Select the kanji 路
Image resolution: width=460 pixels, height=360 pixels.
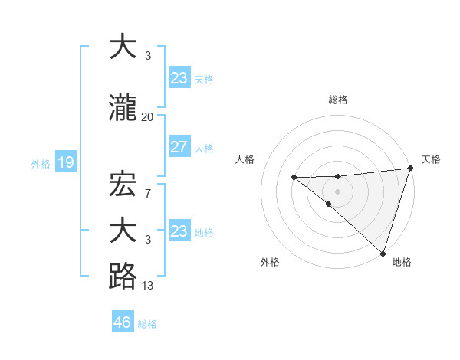point(123,276)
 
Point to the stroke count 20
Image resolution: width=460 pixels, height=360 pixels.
point(147,117)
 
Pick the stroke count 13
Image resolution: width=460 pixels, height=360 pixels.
point(147,286)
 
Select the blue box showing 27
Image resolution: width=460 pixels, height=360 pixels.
point(179,148)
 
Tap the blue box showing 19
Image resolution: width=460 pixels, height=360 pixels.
point(65,162)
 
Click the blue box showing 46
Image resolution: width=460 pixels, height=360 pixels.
point(123,322)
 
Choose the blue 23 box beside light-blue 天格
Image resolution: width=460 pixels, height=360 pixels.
point(179,78)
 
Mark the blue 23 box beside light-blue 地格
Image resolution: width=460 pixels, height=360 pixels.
point(179,231)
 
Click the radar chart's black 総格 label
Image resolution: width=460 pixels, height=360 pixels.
point(338,100)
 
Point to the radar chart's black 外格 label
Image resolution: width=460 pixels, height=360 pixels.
point(270,262)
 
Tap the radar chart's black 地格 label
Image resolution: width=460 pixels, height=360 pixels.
point(402,262)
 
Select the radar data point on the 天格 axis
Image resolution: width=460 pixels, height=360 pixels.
point(410,168)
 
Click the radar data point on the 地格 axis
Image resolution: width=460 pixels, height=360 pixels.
point(382,253)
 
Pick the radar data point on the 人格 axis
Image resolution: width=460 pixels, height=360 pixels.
point(294,178)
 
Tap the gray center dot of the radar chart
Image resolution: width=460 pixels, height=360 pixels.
point(337,191)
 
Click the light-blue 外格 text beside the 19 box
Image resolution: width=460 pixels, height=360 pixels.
point(41,163)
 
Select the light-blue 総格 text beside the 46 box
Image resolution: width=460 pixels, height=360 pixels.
point(147,323)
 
